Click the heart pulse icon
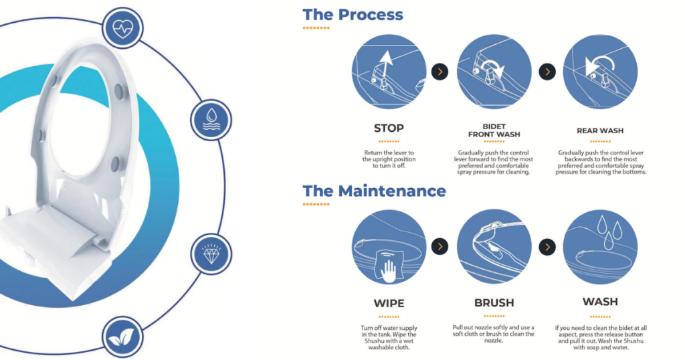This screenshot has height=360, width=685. pos(123,28)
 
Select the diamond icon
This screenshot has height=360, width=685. pos(211,254)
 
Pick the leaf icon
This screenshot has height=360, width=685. pos(121,337)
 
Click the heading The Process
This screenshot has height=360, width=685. pos(353,15)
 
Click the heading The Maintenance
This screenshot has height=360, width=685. pos(375,191)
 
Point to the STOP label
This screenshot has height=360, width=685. pos(389,128)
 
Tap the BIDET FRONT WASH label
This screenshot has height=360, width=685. pos(494,130)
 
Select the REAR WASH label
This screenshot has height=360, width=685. pos(600,130)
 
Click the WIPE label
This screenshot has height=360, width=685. pos(389,303)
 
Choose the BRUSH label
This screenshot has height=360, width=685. pos(494,302)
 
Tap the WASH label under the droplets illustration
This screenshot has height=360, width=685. pos(600,302)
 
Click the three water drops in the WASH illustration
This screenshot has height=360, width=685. pos(609,232)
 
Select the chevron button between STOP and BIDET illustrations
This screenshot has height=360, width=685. pos(440,72)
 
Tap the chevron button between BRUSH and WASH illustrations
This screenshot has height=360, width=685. pos(547,247)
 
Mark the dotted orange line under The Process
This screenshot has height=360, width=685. pos(316,28)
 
